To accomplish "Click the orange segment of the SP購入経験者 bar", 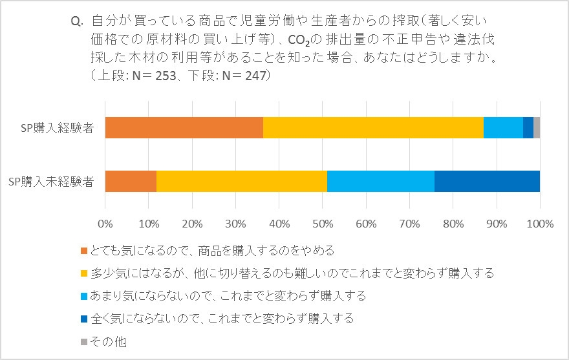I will (184, 127).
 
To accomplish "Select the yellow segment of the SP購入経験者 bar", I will (373, 127).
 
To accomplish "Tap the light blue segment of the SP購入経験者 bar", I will (503, 127).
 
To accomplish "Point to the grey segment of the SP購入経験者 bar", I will (537, 127).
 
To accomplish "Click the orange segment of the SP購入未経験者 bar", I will (131, 181).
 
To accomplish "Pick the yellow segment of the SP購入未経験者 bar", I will (242, 181).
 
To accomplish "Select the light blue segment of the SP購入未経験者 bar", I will (380, 181).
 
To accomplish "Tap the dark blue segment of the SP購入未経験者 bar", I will (487, 181).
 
